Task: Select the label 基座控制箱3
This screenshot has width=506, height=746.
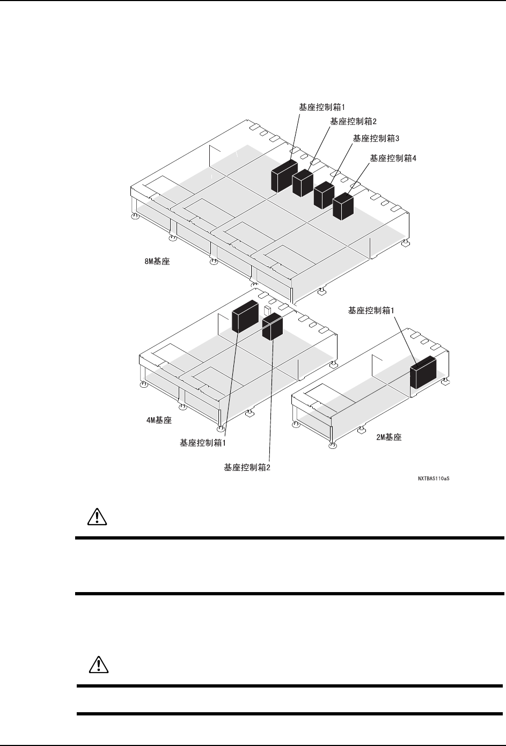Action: coord(376,138)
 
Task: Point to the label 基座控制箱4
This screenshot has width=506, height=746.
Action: coord(393,158)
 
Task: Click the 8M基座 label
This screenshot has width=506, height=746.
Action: coord(157,262)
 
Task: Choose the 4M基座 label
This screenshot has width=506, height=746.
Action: coord(159,420)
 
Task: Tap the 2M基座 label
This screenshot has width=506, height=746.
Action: coord(389,437)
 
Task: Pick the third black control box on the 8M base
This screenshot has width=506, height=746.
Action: coord(324,195)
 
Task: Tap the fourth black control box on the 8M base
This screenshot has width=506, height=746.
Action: coord(343,206)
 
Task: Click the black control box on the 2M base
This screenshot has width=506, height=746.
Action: coord(423,372)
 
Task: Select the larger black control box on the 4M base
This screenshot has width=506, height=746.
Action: coord(245,317)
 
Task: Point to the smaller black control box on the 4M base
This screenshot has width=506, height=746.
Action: coord(273,327)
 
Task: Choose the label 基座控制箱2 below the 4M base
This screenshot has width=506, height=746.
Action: coord(247,467)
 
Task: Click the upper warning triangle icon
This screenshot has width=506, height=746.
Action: coord(97,516)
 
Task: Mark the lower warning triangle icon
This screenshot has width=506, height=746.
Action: coord(97,665)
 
